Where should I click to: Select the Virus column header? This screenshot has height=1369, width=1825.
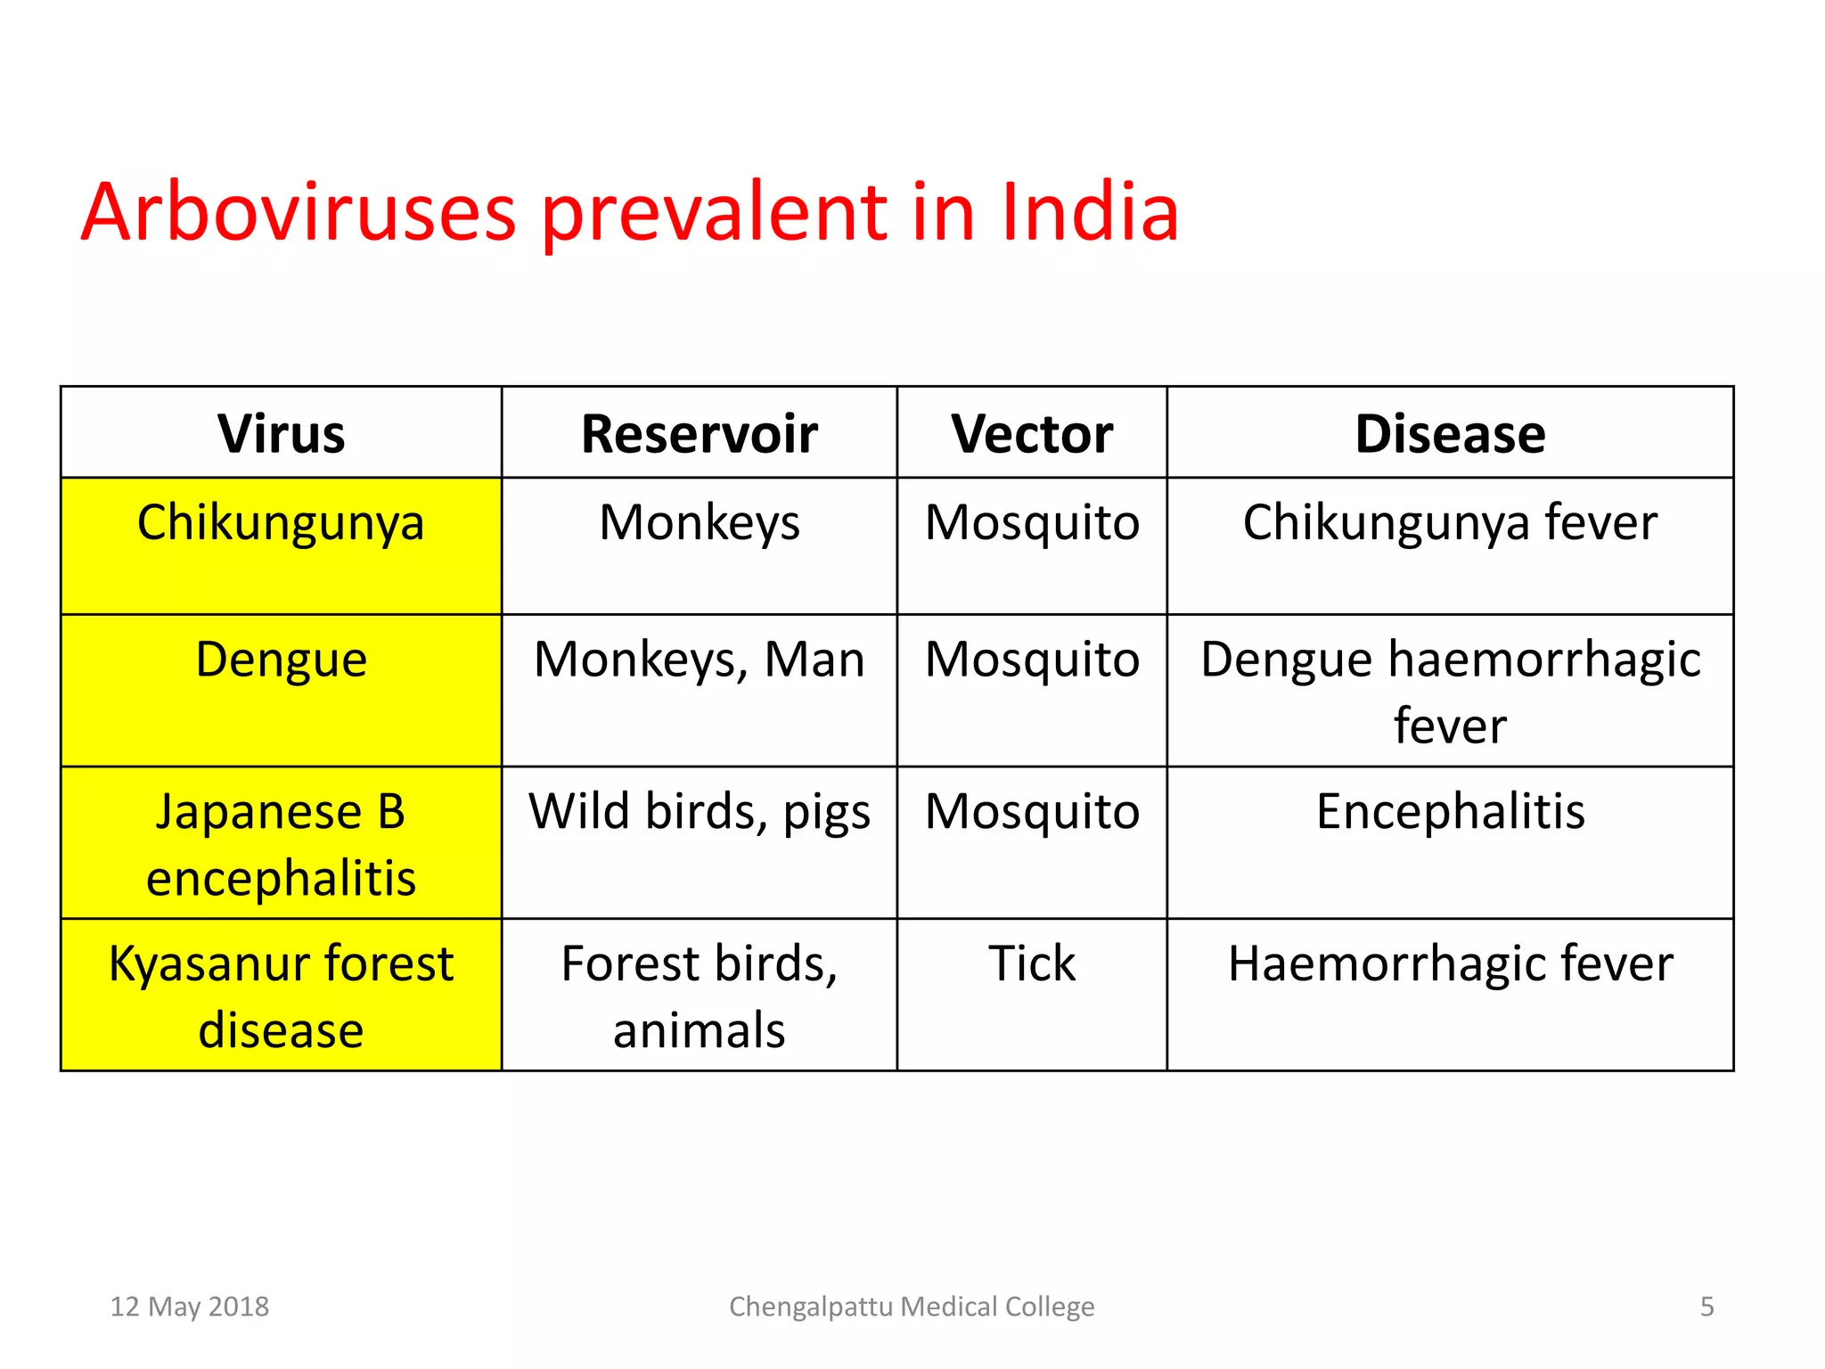coord(281,434)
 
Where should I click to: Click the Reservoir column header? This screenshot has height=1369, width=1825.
coord(699,434)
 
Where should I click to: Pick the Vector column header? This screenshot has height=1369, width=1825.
coord(1031,434)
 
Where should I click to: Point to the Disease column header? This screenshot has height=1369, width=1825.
coord(1450,434)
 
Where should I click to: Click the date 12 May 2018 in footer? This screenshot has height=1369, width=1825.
coord(189,1307)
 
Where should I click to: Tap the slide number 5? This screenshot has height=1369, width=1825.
coord(1706,1307)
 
